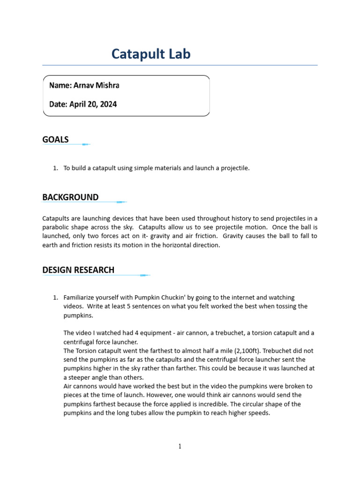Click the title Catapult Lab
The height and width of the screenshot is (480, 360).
pyautogui.click(x=151, y=54)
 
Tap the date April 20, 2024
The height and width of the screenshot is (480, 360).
pyautogui.click(x=93, y=105)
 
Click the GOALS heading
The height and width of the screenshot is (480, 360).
pyautogui.click(x=55, y=139)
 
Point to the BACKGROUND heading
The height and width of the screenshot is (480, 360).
pyautogui.click(x=70, y=197)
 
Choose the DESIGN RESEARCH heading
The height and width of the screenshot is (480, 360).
pyautogui.click(x=78, y=270)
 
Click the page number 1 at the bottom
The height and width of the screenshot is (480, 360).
pyautogui.click(x=180, y=446)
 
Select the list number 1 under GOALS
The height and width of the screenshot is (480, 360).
pyautogui.click(x=55, y=168)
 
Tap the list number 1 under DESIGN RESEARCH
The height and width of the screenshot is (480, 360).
pyautogui.click(x=55, y=298)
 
